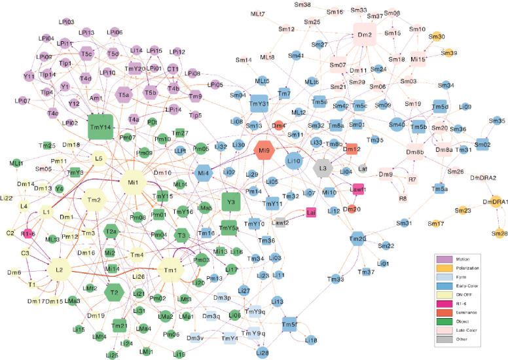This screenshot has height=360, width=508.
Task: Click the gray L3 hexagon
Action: tap(323, 168)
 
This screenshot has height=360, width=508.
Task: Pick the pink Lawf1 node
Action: tap(357, 190)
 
